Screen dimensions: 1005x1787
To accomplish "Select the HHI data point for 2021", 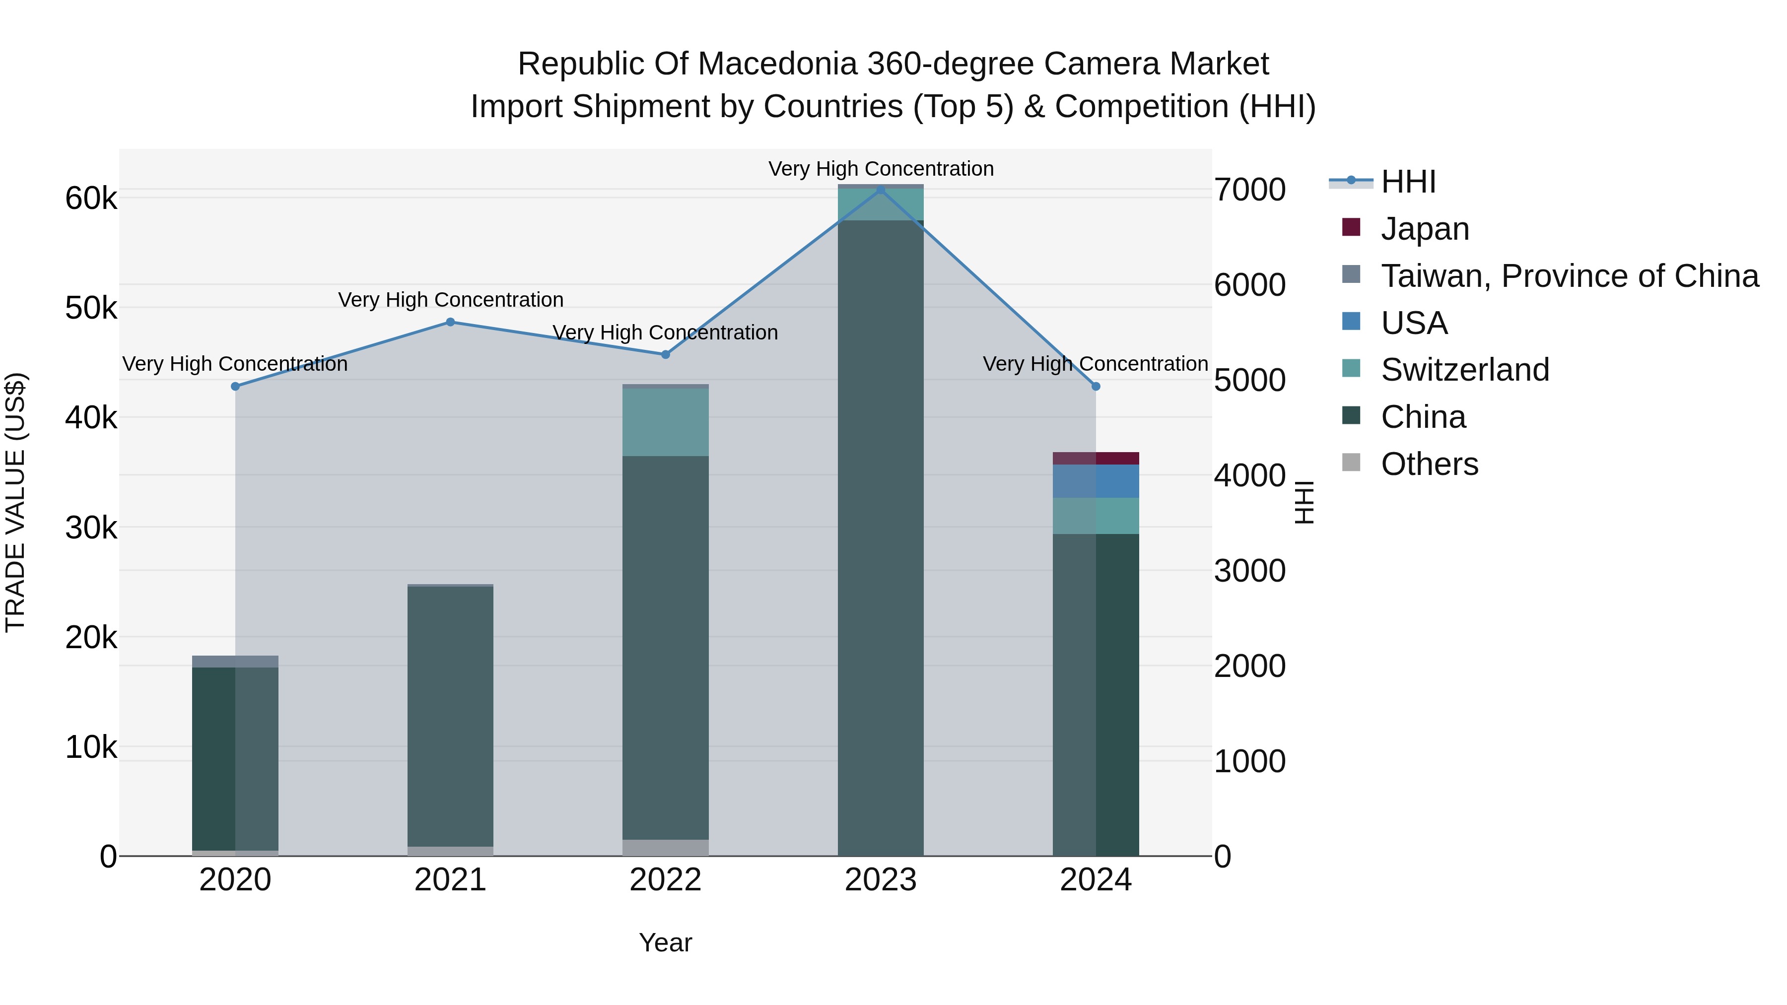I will click(x=450, y=322).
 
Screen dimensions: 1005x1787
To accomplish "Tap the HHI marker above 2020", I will click(x=235, y=386).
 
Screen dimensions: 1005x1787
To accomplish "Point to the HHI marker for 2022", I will click(x=665, y=354).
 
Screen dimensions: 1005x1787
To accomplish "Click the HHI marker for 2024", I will click(x=1096, y=386).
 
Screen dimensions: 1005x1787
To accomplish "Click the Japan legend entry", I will click(x=1424, y=228).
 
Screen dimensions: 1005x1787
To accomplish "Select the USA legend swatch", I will click(x=1351, y=322).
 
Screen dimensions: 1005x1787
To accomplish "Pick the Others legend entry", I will click(x=1429, y=464).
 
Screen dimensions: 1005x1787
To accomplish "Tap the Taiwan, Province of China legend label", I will click(x=1569, y=275).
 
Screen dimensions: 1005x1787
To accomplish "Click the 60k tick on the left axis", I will click(x=91, y=199).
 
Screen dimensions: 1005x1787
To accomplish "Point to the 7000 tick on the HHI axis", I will click(x=1249, y=190).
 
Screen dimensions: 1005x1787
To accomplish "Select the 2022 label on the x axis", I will click(x=665, y=880).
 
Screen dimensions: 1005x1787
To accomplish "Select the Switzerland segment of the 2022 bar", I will click(x=665, y=422).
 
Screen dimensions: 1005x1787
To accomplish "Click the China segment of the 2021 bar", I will click(x=450, y=714).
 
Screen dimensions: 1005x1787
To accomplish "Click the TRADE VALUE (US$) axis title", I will click(x=15, y=502).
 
